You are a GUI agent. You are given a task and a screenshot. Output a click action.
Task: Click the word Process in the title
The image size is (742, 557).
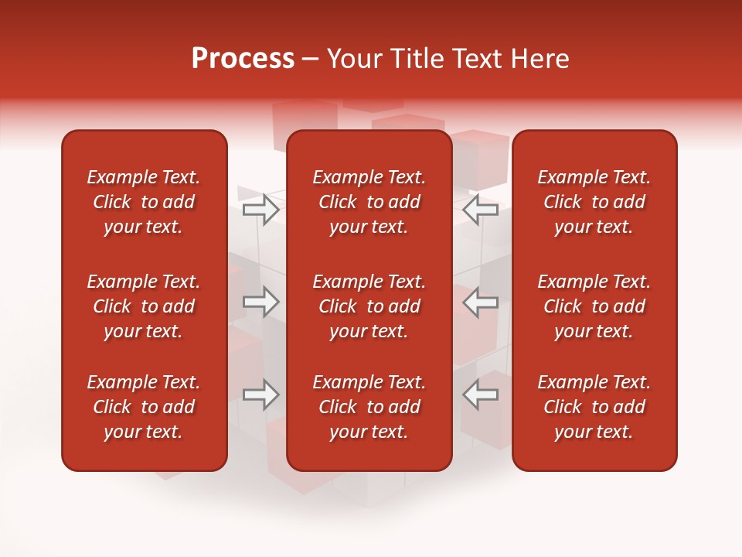point(243,59)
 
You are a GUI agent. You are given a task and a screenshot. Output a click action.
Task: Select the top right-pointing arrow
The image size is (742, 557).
point(261,209)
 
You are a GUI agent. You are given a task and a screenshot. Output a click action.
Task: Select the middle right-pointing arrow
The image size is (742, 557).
point(261,302)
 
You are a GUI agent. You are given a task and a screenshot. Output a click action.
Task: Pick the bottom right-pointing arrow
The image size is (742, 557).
point(261,395)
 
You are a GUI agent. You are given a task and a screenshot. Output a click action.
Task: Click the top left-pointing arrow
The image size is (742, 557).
point(480,209)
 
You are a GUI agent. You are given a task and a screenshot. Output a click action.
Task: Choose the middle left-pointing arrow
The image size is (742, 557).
point(480,302)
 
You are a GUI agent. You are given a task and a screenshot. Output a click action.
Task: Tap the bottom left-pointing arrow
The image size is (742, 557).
point(480,395)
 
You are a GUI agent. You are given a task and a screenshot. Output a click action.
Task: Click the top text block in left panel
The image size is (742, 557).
point(144,202)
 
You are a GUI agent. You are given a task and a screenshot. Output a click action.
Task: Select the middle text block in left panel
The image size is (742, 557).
point(144,306)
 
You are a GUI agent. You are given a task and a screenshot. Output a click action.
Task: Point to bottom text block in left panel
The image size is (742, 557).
point(144,407)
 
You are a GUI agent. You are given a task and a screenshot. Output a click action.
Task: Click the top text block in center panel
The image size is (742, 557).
point(369,202)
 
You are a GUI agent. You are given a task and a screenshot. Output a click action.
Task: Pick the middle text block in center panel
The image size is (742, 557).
point(369,306)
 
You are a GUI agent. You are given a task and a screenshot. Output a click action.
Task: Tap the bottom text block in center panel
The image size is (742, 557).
point(369,407)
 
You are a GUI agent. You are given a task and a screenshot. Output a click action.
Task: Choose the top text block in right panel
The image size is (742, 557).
point(594,202)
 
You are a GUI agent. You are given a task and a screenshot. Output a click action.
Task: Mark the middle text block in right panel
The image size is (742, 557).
point(594,306)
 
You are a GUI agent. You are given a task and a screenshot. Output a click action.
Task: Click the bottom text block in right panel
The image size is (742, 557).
point(594,407)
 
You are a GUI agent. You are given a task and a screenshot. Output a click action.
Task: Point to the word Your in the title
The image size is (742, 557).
point(353,59)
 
